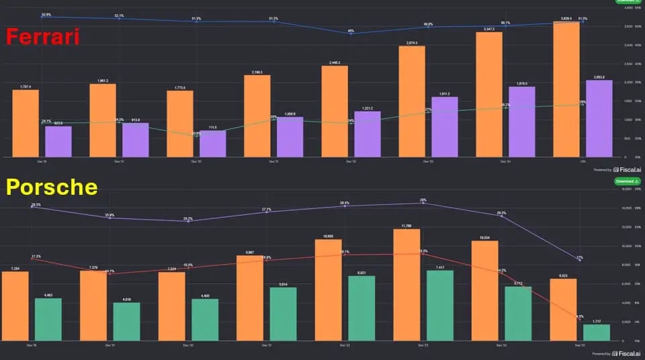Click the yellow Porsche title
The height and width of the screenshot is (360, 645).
click(52, 187)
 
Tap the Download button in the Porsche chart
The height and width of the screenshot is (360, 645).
click(626, 182)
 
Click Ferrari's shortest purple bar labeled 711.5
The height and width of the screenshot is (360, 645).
click(212, 144)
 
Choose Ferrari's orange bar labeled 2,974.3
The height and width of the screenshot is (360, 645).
click(411, 101)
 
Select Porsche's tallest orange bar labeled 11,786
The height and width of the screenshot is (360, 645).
click(406, 285)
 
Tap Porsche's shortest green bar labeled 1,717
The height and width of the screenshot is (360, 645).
click(597, 332)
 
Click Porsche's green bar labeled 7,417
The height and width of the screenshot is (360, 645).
click(439, 306)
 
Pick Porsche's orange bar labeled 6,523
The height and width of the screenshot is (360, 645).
click(563, 310)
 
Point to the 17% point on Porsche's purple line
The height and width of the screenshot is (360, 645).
click(580, 259)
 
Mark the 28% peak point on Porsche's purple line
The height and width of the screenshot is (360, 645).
click(423, 203)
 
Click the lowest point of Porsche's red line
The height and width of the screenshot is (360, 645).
click(580, 319)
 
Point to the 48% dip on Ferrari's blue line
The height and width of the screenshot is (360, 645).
click(351, 34)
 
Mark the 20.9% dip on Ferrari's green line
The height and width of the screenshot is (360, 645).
click(196, 136)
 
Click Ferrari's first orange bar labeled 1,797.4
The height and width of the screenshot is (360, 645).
click(26, 124)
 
